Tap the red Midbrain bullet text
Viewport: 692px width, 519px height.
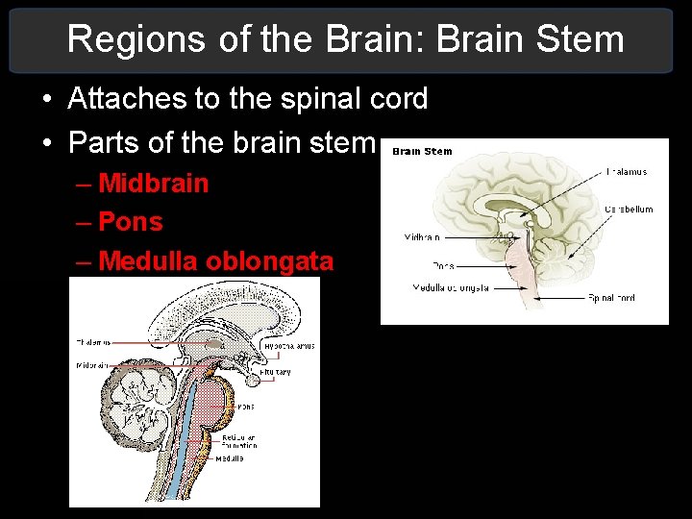tap(154, 183)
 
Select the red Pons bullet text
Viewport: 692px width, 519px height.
tap(131, 222)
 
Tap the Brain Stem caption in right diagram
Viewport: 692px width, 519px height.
tap(422, 151)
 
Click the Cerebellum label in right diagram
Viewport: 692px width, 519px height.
tap(629, 209)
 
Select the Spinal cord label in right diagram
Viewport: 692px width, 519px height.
tap(611, 298)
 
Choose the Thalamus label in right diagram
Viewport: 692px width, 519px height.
tap(626, 172)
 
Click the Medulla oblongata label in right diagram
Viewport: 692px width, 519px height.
tap(451, 287)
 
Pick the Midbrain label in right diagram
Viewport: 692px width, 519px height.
tap(422, 236)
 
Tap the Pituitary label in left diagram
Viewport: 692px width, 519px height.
tap(278, 371)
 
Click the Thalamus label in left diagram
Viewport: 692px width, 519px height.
tap(93, 341)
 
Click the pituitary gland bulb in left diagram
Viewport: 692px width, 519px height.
tap(251, 379)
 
